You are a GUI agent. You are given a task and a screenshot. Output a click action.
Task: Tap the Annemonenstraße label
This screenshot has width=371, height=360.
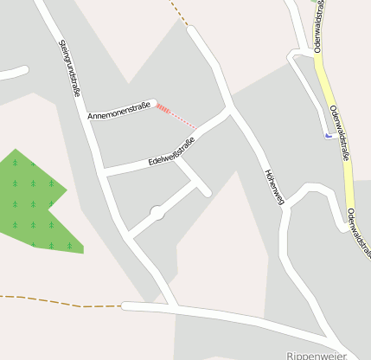point(119,110)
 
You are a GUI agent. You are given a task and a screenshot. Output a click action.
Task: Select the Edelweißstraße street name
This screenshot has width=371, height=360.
point(170,150)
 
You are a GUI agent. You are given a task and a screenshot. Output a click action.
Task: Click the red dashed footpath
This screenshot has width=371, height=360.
point(176,116)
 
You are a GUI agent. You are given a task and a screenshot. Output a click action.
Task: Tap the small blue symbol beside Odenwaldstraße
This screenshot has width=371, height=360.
point(326,135)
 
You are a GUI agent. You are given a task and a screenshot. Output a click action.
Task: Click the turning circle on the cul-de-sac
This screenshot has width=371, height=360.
point(157,212)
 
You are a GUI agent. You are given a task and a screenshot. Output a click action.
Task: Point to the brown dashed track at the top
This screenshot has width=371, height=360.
point(180,12)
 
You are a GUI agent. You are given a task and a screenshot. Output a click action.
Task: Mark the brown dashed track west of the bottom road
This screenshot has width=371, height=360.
point(61,302)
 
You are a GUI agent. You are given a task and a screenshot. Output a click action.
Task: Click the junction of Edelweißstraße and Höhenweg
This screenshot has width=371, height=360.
point(229,112)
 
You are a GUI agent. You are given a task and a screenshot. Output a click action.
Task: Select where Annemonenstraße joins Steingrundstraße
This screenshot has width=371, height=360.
point(89,121)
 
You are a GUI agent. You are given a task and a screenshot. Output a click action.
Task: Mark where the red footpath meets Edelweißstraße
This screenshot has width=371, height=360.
point(196,130)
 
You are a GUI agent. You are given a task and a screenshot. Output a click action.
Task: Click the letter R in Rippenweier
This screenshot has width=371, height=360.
point(290,355)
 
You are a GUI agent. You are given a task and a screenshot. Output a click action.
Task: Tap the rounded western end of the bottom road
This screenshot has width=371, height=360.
point(126,305)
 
